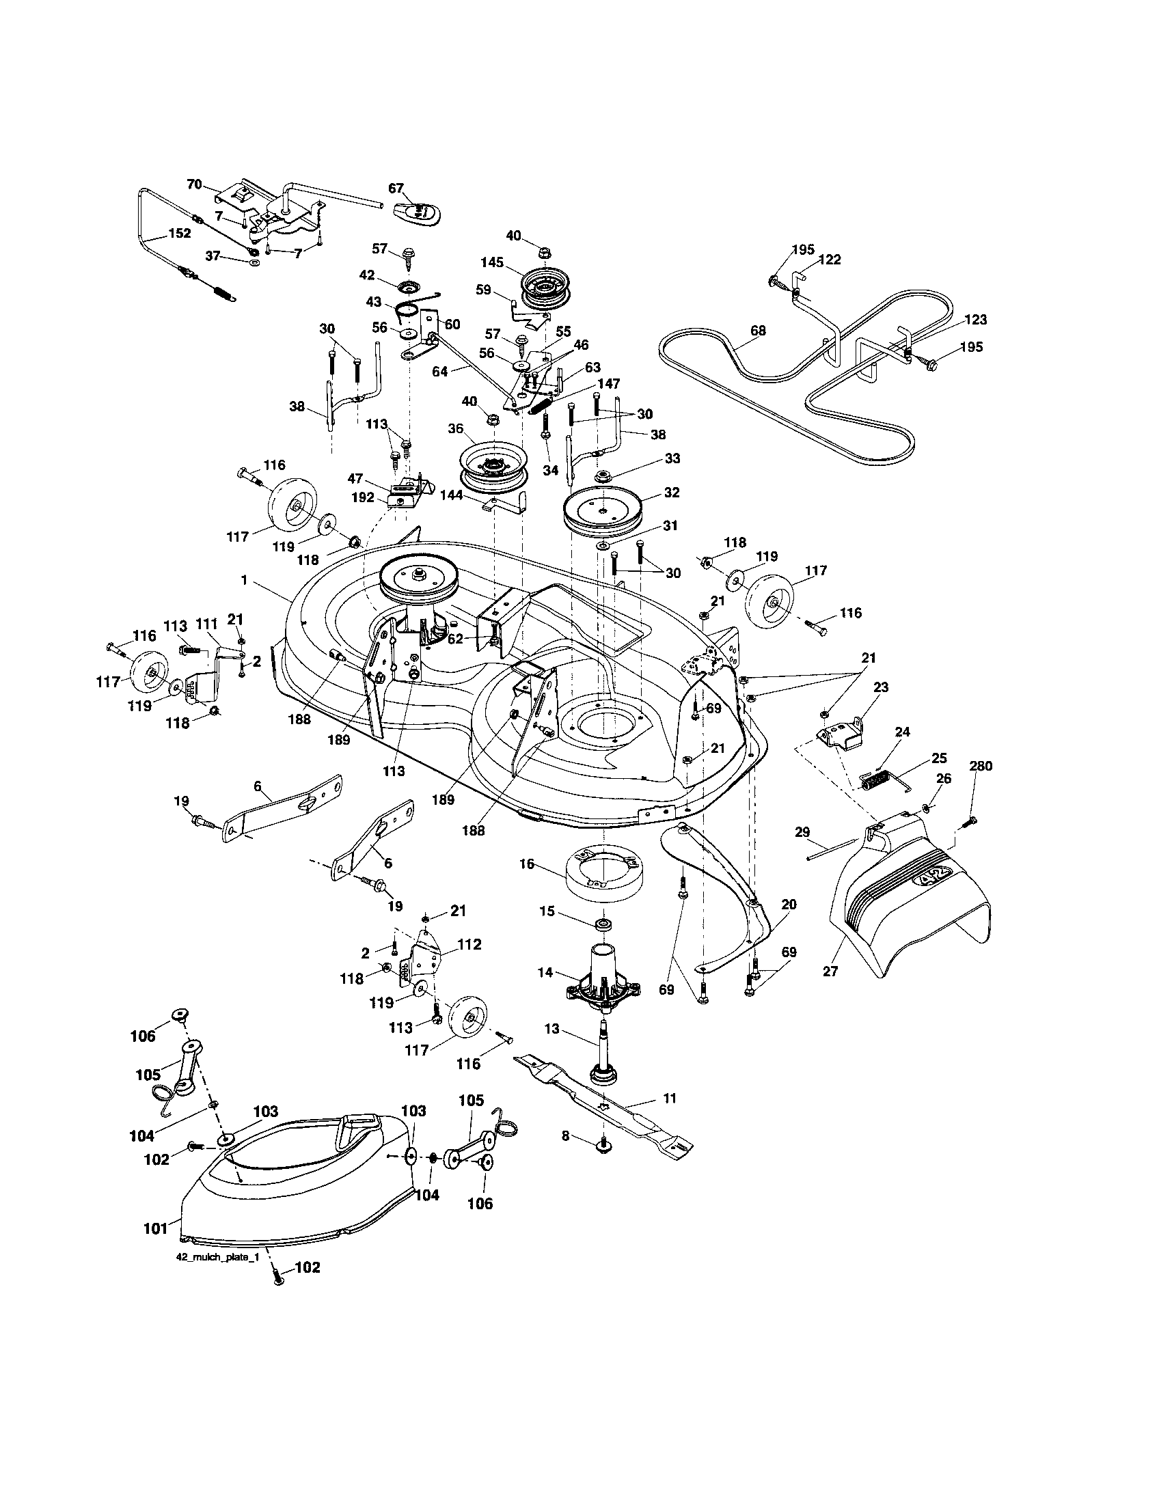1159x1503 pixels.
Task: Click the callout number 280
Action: coord(981,766)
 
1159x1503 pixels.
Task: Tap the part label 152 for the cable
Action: coord(179,233)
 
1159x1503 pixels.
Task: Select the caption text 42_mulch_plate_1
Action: coord(215,1256)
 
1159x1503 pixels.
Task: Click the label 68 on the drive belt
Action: coord(757,331)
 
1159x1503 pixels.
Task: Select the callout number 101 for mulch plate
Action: coord(156,1228)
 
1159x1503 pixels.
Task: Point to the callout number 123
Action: coord(975,319)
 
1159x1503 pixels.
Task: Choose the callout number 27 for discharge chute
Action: coord(831,992)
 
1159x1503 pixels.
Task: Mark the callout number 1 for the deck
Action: coord(244,580)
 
